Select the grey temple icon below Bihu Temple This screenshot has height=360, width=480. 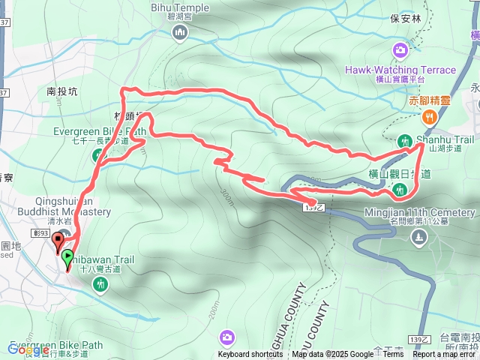click(179, 32)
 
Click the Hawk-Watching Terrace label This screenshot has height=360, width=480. click(400, 70)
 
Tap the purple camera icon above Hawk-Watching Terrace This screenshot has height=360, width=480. click(400, 50)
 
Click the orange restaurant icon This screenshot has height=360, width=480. click(429, 116)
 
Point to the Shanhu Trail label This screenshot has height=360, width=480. click(446, 139)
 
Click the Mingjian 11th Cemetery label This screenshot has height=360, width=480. click(420, 212)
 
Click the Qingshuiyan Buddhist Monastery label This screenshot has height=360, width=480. click(73, 206)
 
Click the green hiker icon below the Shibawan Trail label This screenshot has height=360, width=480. click(100, 284)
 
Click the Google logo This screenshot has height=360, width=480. click(28, 349)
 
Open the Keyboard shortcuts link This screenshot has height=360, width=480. click(250, 355)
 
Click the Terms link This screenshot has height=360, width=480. click(393, 355)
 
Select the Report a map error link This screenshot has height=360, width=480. click(445, 355)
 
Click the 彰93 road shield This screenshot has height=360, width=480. click(42, 233)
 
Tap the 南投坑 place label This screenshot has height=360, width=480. click(62, 91)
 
